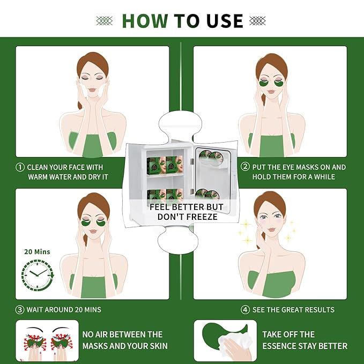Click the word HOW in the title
pos(146,21)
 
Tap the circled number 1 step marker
pos(20,167)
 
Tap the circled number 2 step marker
pos(245,167)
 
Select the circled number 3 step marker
pos(20,309)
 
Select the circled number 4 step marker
pos(245,309)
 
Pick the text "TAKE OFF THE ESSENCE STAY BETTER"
pos(304,340)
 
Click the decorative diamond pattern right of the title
pos(258,21)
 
